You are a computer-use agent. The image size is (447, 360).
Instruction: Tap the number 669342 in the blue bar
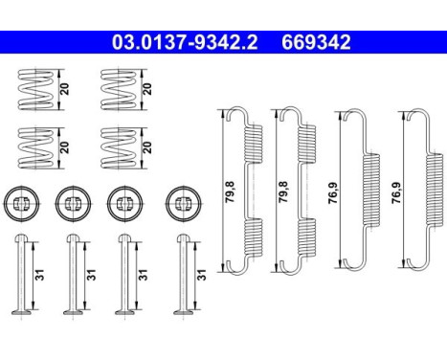pos(316,42)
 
